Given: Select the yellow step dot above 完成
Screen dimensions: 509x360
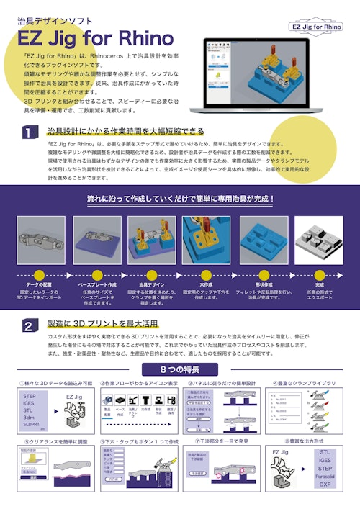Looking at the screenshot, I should pyautogui.click(x=319, y=274).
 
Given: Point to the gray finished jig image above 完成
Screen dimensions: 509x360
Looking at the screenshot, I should pyautogui.click(x=319, y=241).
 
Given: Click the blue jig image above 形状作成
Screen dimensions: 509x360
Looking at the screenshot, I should pyautogui.click(x=263, y=241).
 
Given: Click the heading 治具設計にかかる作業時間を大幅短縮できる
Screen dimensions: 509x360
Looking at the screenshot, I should pyautogui.click(x=125, y=131).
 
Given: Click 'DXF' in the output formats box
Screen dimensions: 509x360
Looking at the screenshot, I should pyautogui.click(x=325, y=486).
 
